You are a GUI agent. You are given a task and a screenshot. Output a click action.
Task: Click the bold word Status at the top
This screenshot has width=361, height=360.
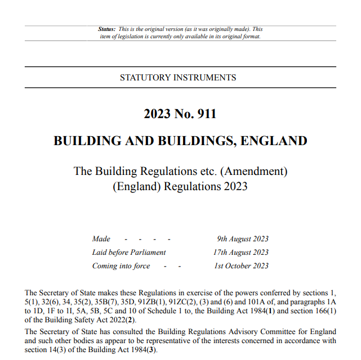[x=106, y=29]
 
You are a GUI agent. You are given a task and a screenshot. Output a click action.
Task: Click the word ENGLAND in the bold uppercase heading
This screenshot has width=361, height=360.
[x=274, y=141]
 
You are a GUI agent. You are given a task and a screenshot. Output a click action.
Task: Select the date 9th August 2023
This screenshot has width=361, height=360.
[x=242, y=239]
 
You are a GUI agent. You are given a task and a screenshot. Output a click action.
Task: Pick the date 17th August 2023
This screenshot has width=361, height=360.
[x=240, y=253]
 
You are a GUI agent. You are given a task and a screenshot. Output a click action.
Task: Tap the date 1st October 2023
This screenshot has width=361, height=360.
[x=241, y=266]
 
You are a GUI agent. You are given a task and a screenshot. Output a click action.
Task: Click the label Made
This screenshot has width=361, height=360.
[x=101, y=239]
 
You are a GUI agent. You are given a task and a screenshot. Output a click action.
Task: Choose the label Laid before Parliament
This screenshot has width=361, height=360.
[x=129, y=253]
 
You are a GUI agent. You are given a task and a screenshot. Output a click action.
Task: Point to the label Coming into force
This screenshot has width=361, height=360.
[x=121, y=266]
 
